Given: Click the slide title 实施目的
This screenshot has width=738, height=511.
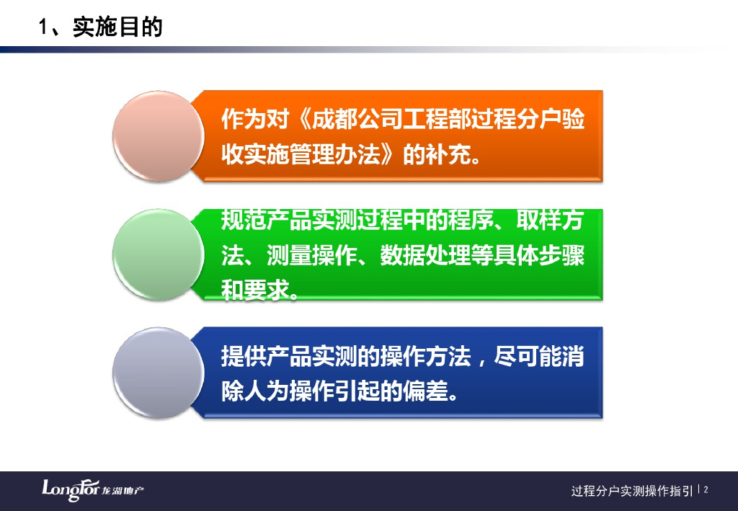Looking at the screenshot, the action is (117, 27).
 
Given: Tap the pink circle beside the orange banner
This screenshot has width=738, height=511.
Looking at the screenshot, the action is (158, 136).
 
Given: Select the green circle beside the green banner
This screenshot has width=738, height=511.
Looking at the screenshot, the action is (158, 254).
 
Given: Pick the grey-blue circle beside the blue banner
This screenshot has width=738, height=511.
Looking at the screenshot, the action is (158, 373).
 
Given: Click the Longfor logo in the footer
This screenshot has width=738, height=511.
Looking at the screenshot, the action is (93, 490).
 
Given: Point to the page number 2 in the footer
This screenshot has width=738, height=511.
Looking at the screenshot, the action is (706, 490).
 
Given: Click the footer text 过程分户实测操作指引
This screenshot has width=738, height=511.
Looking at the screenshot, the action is (632, 491).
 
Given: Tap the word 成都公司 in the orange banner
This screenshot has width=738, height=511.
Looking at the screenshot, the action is (357, 119).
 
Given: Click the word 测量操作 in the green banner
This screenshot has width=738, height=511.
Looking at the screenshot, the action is (311, 255).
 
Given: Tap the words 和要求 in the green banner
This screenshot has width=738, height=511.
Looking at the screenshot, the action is (254, 290).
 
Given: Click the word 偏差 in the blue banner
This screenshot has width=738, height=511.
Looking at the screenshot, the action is (424, 391).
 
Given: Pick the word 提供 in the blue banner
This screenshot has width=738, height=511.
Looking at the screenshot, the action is (244, 356).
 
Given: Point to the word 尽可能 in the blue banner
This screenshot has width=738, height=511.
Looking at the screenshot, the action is (527, 356).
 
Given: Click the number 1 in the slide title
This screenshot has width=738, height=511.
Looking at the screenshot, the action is (43, 27).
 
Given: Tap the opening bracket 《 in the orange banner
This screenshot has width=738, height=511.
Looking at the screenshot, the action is (301, 119).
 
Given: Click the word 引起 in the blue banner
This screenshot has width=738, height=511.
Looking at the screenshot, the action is (357, 391).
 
